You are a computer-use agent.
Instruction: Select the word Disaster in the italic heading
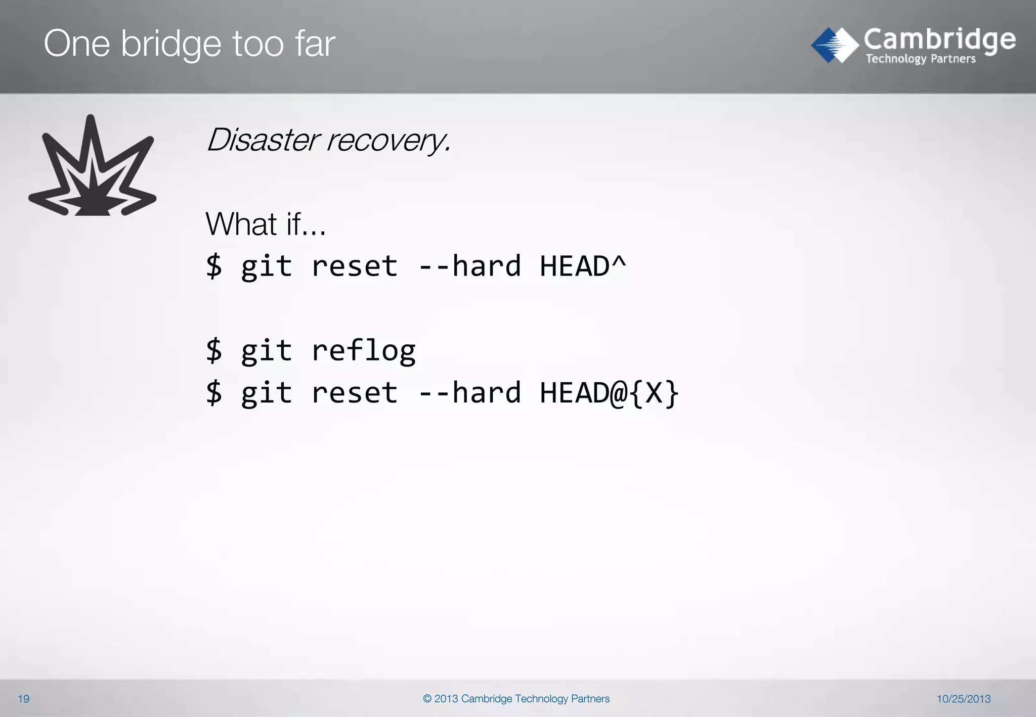263,140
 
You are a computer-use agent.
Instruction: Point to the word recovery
388,141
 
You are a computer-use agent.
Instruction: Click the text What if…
266,224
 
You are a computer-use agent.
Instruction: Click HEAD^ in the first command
583,266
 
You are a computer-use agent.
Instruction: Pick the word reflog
363,350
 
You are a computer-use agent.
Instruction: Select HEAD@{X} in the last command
609,393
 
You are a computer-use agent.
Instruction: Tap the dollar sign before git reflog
214,350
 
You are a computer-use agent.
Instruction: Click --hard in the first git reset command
469,266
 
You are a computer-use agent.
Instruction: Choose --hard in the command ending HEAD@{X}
469,393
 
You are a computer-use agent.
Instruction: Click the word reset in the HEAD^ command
355,267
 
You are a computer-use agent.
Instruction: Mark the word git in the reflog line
267,350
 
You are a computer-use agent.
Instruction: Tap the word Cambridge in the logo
939,40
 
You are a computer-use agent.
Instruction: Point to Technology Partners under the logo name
921,59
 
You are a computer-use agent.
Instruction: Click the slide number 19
24,699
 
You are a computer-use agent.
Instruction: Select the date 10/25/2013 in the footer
963,699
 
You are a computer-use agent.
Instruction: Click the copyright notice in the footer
516,699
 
